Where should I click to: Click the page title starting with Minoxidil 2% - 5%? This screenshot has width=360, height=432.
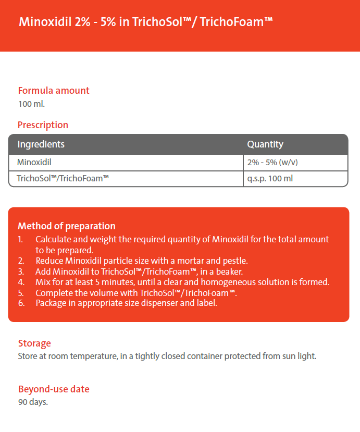click(145, 22)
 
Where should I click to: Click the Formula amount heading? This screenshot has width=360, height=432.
click(54, 90)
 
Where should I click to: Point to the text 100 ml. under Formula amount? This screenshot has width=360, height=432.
click(31, 103)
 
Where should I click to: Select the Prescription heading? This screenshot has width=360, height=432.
click(43, 125)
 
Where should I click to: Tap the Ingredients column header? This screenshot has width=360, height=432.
click(41, 144)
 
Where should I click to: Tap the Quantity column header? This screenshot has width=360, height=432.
click(265, 144)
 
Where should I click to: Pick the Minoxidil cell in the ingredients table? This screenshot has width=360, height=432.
click(34, 162)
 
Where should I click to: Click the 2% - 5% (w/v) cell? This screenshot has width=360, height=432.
click(272, 162)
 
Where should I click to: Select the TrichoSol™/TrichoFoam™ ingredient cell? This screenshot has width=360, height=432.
click(63, 178)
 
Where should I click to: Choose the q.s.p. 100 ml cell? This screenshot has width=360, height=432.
click(271, 178)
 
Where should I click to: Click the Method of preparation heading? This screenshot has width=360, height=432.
click(67, 226)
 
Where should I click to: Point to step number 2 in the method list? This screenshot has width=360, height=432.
click(20, 261)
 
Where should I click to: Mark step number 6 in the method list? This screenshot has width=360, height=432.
click(20, 303)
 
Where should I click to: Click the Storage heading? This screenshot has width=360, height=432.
click(34, 343)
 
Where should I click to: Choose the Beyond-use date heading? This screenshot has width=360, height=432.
click(54, 389)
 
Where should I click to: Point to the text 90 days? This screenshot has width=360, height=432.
click(33, 402)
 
